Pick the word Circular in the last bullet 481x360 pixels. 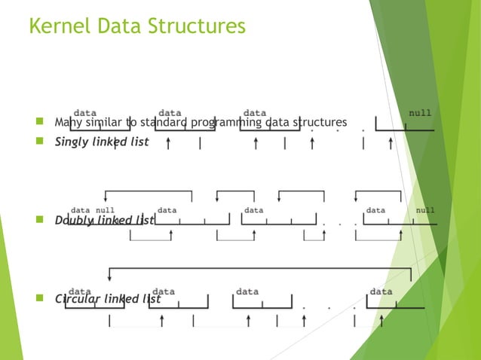click(x=78, y=298)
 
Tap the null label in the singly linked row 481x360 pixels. click(x=420, y=113)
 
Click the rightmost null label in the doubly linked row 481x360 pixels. click(x=426, y=210)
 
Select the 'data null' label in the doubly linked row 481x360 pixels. click(x=93, y=210)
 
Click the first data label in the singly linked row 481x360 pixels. click(x=84, y=113)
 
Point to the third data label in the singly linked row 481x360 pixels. click(x=255, y=113)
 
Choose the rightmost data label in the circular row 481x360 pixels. click(x=381, y=291)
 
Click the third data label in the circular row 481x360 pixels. click(x=247, y=291)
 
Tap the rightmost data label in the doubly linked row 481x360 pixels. click(x=375, y=210)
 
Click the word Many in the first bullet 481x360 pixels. click(x=67, y=122)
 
